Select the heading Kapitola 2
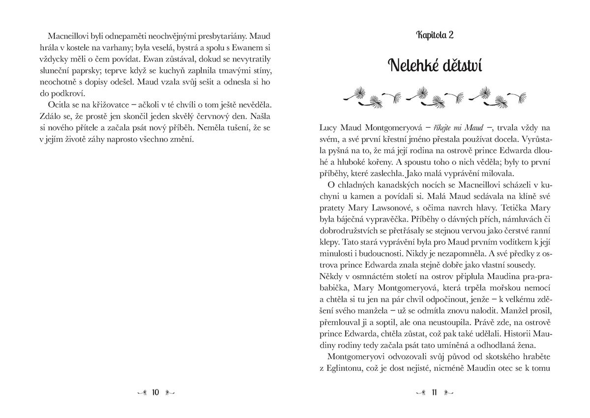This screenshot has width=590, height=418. (434, 35)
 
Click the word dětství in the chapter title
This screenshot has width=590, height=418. (458, 64)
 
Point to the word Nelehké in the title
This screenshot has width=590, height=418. (408, 64)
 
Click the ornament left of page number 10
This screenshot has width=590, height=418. (141, 392)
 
